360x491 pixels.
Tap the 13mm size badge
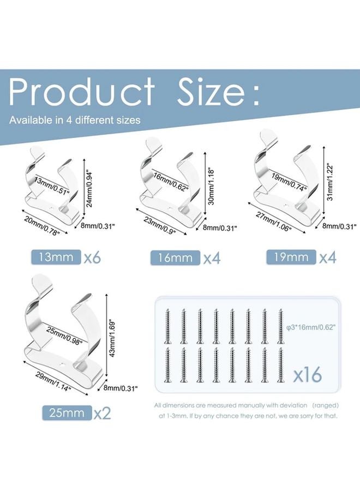click(55, 257)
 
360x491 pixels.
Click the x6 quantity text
click(93, 257)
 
